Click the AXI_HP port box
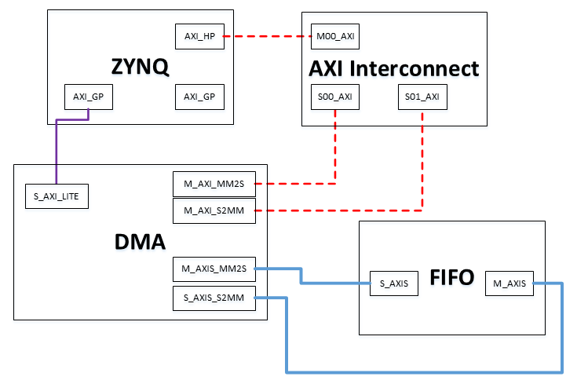click(199, 36)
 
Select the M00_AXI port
click(335, 36)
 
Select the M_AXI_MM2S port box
click(214, 184)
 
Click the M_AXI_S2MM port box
click(214, 210)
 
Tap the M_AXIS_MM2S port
click(214, 269)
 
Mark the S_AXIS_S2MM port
click(214, 298)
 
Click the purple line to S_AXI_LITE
click(57, 153)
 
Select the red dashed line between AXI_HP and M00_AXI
click(268, 36)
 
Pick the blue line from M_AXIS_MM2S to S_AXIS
click(302, 276)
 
